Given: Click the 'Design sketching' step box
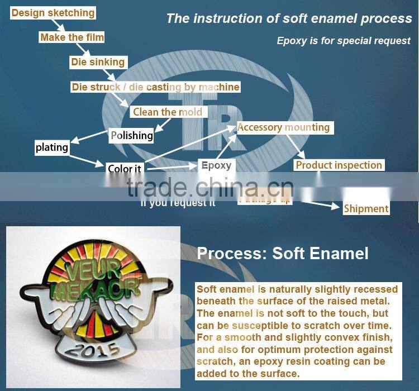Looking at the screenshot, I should point(53,13).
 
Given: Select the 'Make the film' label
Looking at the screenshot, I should point(72,37).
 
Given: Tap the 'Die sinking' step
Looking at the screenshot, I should point(98,62).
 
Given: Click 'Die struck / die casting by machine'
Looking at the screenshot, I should point(155,87).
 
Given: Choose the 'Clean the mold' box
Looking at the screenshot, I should point(168,112).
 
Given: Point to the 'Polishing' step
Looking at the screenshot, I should point(131,135).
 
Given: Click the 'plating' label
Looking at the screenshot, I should point(51,147).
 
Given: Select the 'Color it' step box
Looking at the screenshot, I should point(124,169).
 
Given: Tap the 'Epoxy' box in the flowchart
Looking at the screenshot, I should point(216,165).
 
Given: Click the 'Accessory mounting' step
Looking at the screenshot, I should point(283,127).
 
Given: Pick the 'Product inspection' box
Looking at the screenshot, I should point(339,165).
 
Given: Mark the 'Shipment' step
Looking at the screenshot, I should point(366,208).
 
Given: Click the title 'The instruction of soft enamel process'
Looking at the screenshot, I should point(289,18).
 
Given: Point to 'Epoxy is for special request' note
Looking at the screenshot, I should point(344,41).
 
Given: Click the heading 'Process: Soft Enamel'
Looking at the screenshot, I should point(283,254).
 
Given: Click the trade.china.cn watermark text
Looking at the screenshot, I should point(209,187).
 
